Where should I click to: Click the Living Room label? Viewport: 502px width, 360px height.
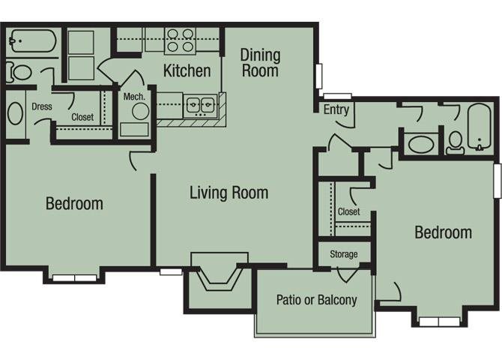click(x=229, y=193)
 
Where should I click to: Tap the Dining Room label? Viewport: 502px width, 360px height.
click(x=260, y=63)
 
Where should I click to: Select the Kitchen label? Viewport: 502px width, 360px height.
click(x=187, y=70)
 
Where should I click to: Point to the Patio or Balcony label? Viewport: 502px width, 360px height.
click(x=317, y=300)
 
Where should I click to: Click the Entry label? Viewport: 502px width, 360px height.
click(x=336, y=109)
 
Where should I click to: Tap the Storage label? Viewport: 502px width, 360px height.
click(x=343, y=254)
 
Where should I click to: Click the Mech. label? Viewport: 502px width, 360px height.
click(x=134, y=97)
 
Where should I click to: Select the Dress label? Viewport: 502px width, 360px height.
click(x=42, y=106)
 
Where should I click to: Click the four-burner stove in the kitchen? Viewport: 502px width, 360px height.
click(x=181, y=40)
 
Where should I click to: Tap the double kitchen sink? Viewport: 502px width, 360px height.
click(x=200, y=105)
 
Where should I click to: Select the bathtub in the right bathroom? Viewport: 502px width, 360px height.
click(x=479, y=127)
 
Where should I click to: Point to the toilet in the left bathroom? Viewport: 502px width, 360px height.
click(x=19, y=73)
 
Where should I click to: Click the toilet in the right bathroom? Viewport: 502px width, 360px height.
click(x=455, y=142)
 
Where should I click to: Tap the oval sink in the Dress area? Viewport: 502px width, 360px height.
click(x=16, y=113)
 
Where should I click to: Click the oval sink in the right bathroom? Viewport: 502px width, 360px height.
click(x=421, y=144)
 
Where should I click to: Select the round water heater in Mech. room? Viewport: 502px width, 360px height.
click(x=141, y=112)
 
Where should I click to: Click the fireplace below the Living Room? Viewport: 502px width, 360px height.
click(x=220, y=271)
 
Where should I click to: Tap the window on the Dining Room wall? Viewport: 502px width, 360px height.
click(x=319, y=76)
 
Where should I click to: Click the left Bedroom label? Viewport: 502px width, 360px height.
click(x=74, y=203)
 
